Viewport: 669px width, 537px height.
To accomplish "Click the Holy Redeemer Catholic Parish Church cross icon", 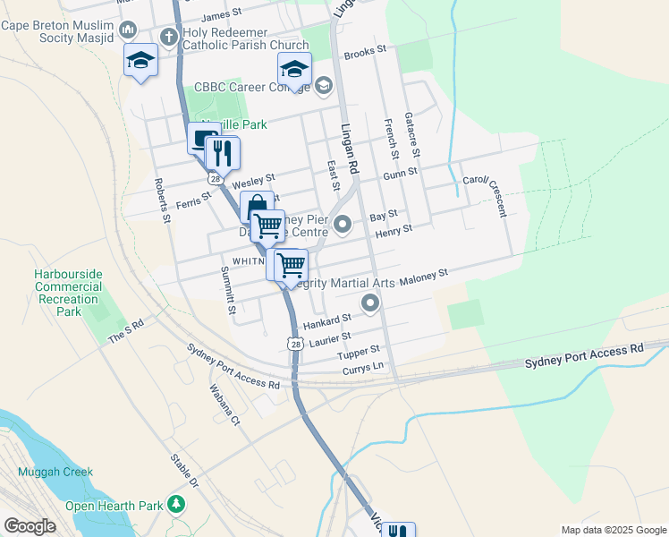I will [x=168, y=37].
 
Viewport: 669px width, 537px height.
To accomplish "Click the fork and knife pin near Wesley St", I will [x=222, y=154].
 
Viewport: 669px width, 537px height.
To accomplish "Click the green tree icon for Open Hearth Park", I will [x=177, y=505].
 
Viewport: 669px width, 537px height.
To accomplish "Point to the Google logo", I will [x=30, y=526].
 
